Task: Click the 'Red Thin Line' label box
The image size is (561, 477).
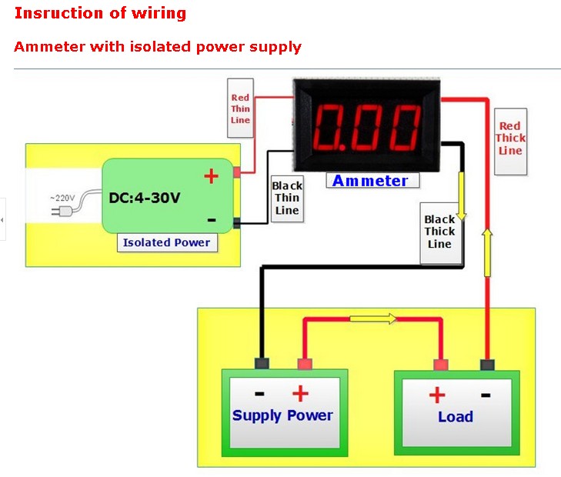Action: [241, 108]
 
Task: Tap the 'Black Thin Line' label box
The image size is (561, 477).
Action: [286, 198]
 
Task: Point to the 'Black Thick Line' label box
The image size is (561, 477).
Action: [439, 232]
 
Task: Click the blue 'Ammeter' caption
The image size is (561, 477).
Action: [370, 181]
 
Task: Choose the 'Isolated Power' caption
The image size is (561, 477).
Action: [167, 242]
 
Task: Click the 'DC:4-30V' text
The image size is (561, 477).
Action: [145, 198]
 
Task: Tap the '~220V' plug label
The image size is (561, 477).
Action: [63, 198]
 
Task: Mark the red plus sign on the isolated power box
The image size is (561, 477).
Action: [211, 176]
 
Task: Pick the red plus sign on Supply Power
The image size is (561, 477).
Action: [300, 394]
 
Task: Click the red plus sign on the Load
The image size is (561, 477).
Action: [436, 395]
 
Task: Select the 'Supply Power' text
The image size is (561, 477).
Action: [282, 415]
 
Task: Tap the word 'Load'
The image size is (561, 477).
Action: [456, 417]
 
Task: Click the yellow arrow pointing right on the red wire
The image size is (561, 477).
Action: [373, 317]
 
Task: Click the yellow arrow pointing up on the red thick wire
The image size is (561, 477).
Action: [487, 252]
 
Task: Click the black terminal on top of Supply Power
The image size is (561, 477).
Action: [262, 364]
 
